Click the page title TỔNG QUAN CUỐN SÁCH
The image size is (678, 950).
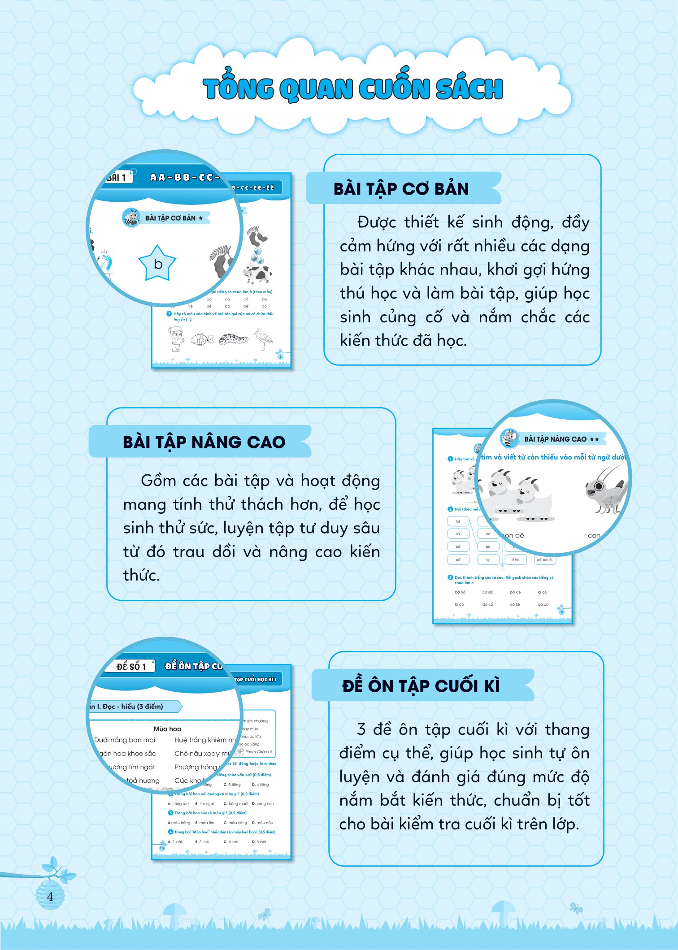click(352, 88)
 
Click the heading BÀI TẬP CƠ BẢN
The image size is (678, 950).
click(401, 189)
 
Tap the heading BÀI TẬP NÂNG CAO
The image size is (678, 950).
click(204, 442)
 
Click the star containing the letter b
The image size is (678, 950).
click(157, 264)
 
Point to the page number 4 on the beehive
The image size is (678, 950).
click(50, 897)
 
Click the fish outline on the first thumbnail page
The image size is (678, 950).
click(202, 339)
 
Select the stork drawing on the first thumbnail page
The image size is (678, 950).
click(264, 338)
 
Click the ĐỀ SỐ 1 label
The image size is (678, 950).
click(131, 666)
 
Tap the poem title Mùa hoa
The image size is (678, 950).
click(167, 729)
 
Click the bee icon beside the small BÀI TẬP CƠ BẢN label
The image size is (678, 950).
click(131, 218)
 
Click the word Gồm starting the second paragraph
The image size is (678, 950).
click(158, 481)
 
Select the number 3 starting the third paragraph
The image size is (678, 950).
click(361, 729)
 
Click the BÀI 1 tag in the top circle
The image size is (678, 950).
click(117, 178)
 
